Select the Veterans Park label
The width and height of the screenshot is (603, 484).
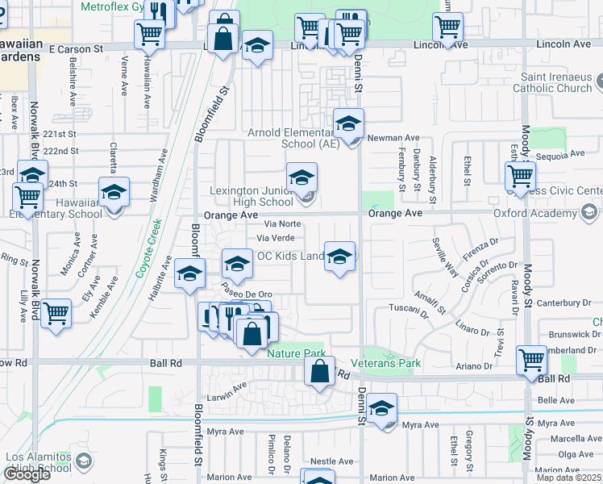[x=392, y=363]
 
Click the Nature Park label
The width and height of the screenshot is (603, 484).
[x=296, y=353]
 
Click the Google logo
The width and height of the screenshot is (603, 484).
[x=27, y=474]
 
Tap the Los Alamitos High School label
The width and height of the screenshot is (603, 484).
[x=39, y=462]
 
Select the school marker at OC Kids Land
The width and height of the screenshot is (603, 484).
[x=340, y=257]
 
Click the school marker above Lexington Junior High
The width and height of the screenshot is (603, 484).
[x=301, y=177]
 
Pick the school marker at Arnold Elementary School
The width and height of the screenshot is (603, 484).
[x=348, y=123]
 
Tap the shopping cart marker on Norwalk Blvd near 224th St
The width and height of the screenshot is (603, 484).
[x=28, y=196]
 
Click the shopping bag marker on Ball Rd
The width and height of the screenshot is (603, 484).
[x=320, y=372]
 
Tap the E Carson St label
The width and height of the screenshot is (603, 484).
[x=76, y=49]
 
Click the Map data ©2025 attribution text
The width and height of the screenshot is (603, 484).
[x=568, y=478]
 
